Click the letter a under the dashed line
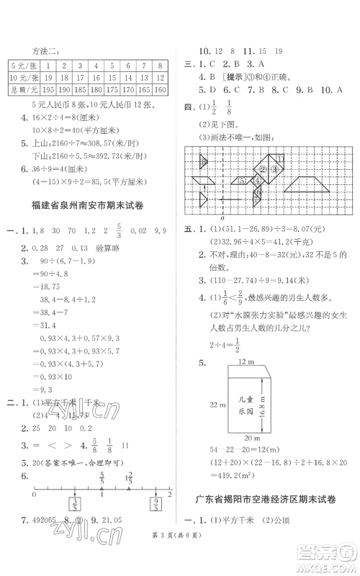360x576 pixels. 222,217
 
